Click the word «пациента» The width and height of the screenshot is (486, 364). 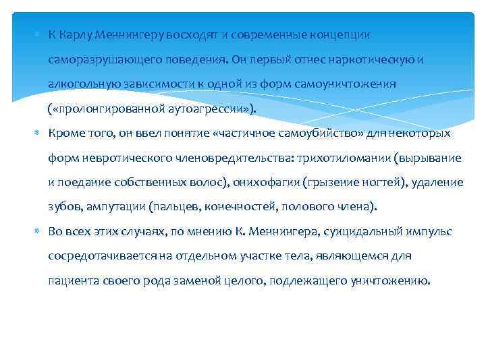(x=72, y=280)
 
